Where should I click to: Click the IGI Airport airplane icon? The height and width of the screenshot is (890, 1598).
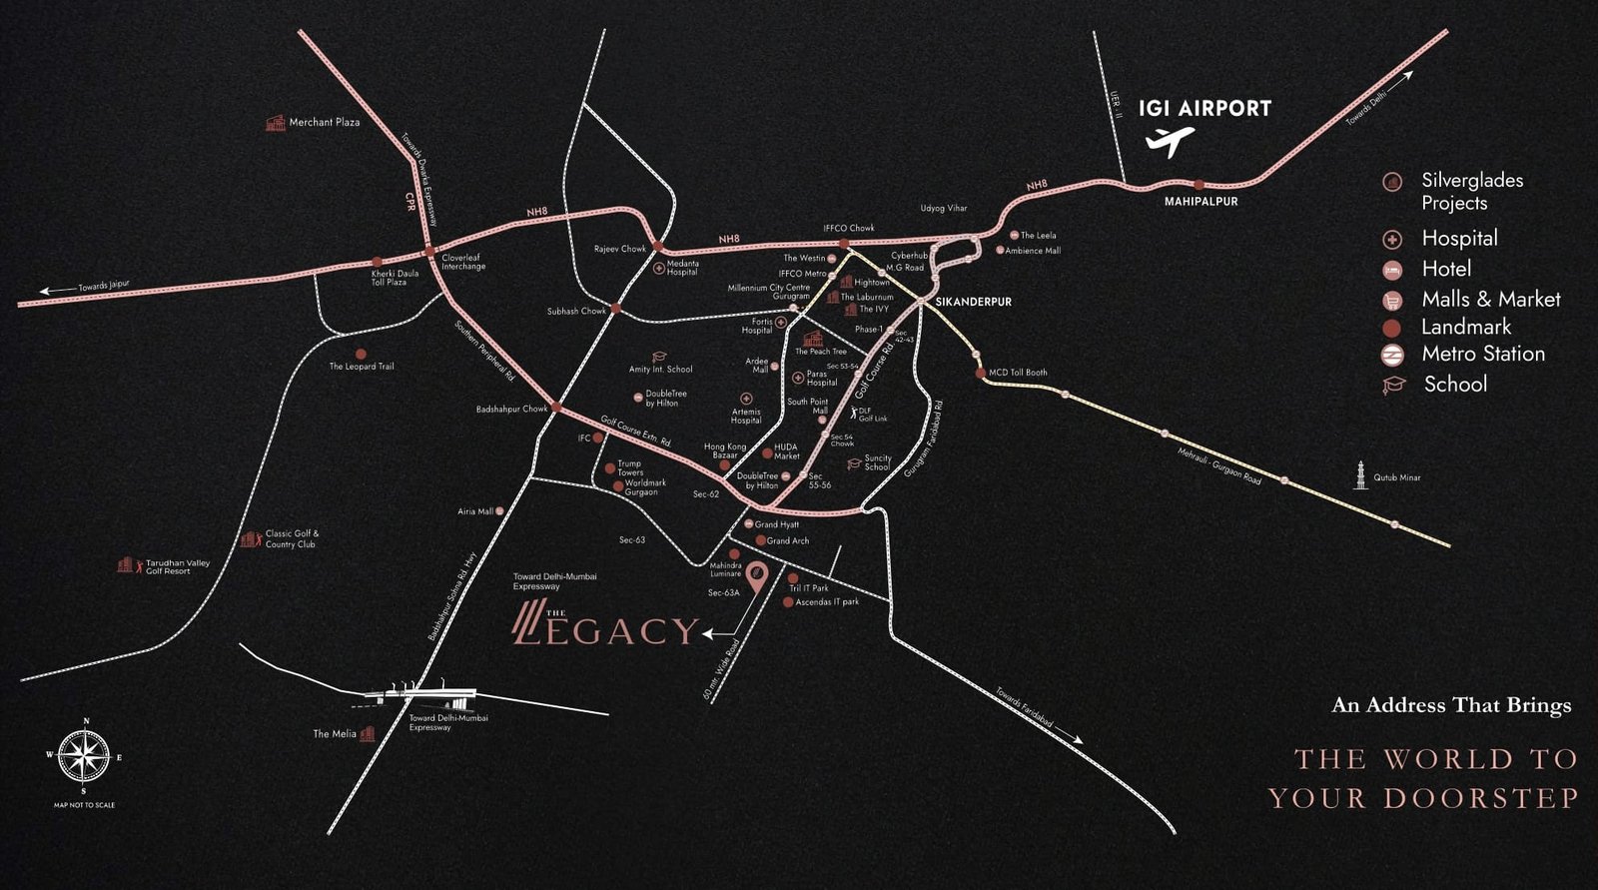(x=1169, y=142)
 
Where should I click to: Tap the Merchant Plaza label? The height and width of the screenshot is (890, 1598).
(x=324, y=122)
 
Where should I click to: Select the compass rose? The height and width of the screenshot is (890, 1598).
(x=84, y=756)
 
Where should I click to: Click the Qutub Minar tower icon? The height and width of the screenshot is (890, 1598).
(x=1360, y=475)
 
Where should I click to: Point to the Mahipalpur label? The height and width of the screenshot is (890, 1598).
(x=1200, y=202)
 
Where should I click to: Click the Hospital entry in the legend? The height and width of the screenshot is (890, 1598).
(x=1459, y=239)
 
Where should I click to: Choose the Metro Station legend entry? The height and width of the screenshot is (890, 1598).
(x=1482, y=354)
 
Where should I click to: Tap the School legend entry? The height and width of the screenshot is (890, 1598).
(x=1454, y=385)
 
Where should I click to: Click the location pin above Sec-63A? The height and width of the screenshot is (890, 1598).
(x=757, y=576)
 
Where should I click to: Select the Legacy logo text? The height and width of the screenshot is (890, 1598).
(x=606, y=628)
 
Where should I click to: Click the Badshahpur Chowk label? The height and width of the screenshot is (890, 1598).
(x=511, y=410)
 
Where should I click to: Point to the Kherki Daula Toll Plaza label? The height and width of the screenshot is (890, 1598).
(x=395, y=278)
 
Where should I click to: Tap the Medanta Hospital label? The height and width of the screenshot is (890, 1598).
(x=682, y=268)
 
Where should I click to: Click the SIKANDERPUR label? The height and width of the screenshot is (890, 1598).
(x=973, y=302)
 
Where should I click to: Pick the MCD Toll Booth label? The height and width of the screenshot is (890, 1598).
(x=1017, y=373)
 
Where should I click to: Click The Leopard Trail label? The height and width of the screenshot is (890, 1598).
(x=362, y=367)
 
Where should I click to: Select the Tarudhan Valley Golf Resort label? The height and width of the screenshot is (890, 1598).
(x=177, y=566)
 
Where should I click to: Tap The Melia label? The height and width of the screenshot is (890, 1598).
(x=335, y=734)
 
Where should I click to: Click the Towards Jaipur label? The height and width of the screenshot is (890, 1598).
(x=104, y=287)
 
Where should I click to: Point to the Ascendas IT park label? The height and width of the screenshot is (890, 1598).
(x=826, y=602)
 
